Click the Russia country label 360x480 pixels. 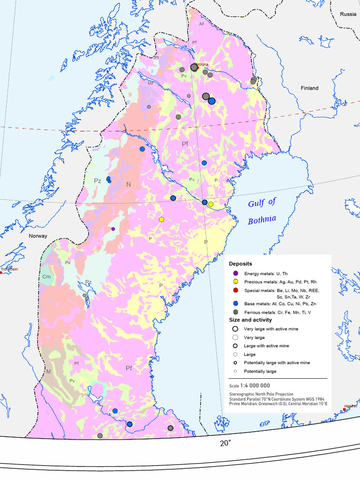348,14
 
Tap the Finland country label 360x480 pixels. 309,88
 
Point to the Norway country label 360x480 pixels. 38,236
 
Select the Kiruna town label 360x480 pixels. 202,64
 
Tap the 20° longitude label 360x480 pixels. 225,443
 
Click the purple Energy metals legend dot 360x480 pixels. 235,273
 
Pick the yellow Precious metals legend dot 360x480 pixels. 235,282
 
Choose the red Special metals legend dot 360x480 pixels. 235,291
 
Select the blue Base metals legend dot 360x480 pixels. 235,304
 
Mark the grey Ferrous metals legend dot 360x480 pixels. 235,312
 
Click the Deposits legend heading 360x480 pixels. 240,264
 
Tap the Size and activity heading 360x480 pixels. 250,320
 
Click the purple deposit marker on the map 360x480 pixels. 113,229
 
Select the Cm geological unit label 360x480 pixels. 46,277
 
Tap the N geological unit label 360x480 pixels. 128,185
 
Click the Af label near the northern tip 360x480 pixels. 201,24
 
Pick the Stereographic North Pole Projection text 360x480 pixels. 261,394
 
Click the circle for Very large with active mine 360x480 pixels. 235,329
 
